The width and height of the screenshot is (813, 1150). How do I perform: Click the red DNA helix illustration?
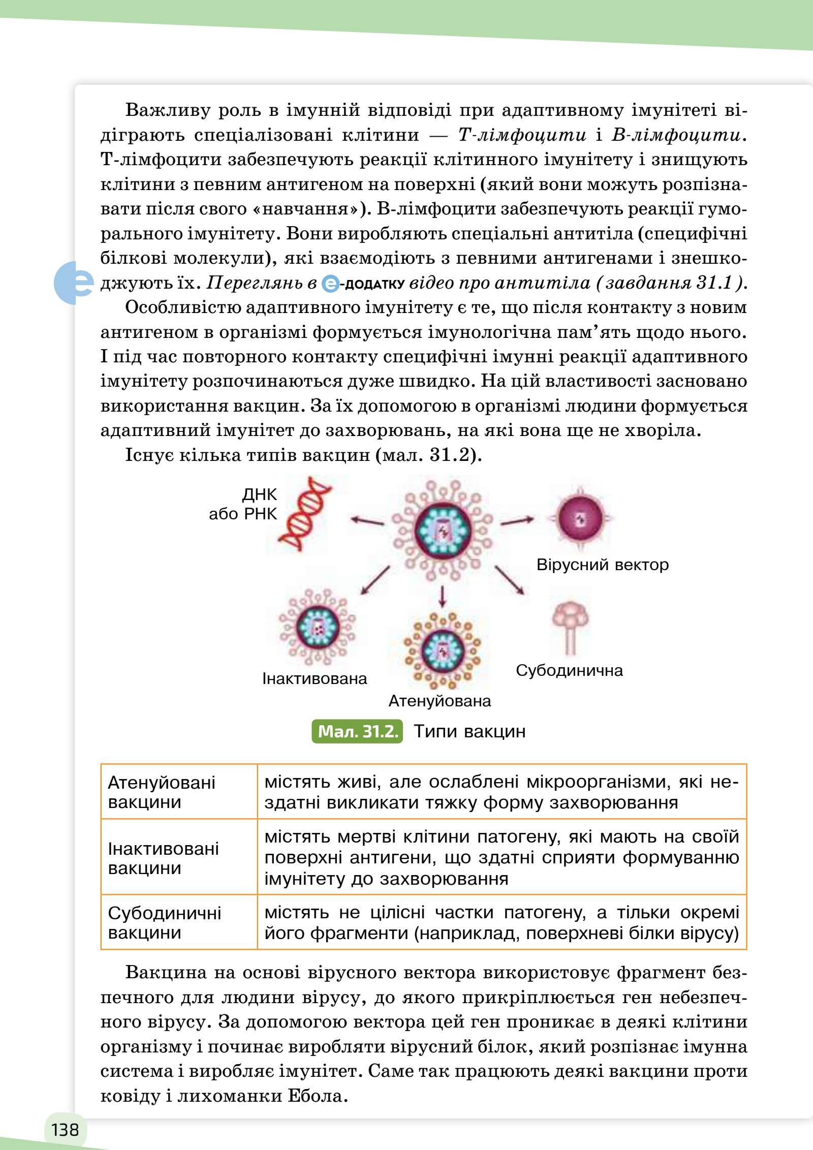[304, 514]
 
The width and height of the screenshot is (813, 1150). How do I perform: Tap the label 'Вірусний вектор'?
[602, 565]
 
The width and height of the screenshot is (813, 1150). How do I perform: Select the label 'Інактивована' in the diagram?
[315, 678]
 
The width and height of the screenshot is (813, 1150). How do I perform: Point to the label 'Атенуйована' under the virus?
[440, 701]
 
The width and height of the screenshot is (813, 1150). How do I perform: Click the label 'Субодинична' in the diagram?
[569, 670]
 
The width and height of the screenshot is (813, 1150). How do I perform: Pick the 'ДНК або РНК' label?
[244, 504]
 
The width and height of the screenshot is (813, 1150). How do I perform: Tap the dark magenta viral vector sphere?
[580, 519]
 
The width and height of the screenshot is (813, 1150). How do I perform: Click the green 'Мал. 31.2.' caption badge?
[357, 731]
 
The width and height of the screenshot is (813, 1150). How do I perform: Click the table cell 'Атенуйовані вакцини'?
[162, 792]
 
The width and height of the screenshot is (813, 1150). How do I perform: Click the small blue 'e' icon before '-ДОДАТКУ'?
[330, 284]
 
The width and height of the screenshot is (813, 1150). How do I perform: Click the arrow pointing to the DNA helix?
[367, 520]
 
